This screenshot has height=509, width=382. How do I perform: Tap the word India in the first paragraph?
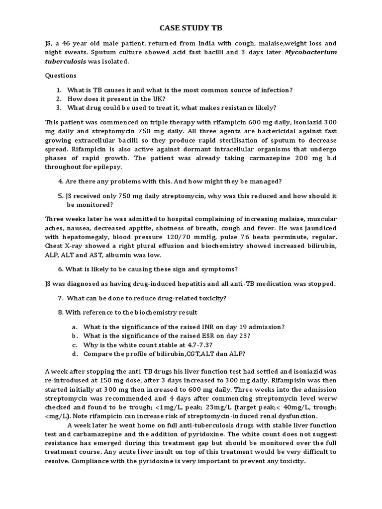(x=184, y=43)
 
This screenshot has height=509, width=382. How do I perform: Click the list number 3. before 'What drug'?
(x=59, y=107)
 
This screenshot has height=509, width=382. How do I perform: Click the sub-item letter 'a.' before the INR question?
(x=75, y=327)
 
